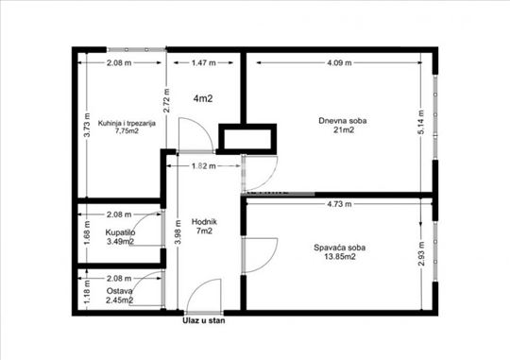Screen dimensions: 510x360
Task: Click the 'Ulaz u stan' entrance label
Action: (204, 321)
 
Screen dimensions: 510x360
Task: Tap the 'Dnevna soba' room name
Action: (343, 121)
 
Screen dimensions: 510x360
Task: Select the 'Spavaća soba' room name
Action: (340, 248)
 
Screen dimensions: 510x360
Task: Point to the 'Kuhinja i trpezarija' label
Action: (127, 124)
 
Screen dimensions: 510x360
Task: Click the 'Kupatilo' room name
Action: (120, 232)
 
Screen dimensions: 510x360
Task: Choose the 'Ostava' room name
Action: (119, 291)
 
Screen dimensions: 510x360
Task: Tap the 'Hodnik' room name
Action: (204, 222)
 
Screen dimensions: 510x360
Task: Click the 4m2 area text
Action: (203, 98)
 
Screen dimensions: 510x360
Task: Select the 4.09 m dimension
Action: (339, 62)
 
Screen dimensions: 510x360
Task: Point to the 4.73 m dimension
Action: (339, 204)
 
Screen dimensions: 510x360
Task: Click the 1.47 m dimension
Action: (204, 62)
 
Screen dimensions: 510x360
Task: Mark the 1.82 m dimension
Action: (204, 166)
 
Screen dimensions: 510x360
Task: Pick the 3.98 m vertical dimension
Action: (178, 231)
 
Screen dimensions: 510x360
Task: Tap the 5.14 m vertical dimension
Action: (421, 122)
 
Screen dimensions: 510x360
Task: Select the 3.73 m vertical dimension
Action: (87, 125)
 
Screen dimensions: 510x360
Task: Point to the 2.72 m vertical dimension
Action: (166, 100)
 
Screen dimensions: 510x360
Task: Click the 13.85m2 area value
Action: (340, 256)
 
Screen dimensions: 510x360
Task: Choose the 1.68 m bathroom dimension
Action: (87, 233)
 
